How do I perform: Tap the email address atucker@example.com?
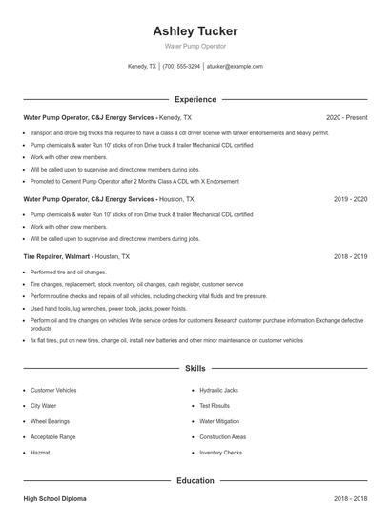pos(235,67)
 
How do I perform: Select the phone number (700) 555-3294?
pos(181,67)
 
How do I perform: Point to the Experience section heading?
pos(195,99)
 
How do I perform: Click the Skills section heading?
pos(195,368)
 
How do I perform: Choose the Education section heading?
pos(195,481)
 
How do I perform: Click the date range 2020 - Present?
pos(346,117)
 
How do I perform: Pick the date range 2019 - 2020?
pos(350,200)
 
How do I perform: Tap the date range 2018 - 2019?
pos(350,256)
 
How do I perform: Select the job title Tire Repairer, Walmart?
pos(57,256)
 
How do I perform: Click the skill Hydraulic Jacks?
pos(218,391)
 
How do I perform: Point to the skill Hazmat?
pos(39,453)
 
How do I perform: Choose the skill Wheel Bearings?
pos(50,421)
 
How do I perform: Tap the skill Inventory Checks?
pos(220,453)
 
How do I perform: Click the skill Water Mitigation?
pos(219,421)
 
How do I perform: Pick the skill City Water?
pos(44,406)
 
